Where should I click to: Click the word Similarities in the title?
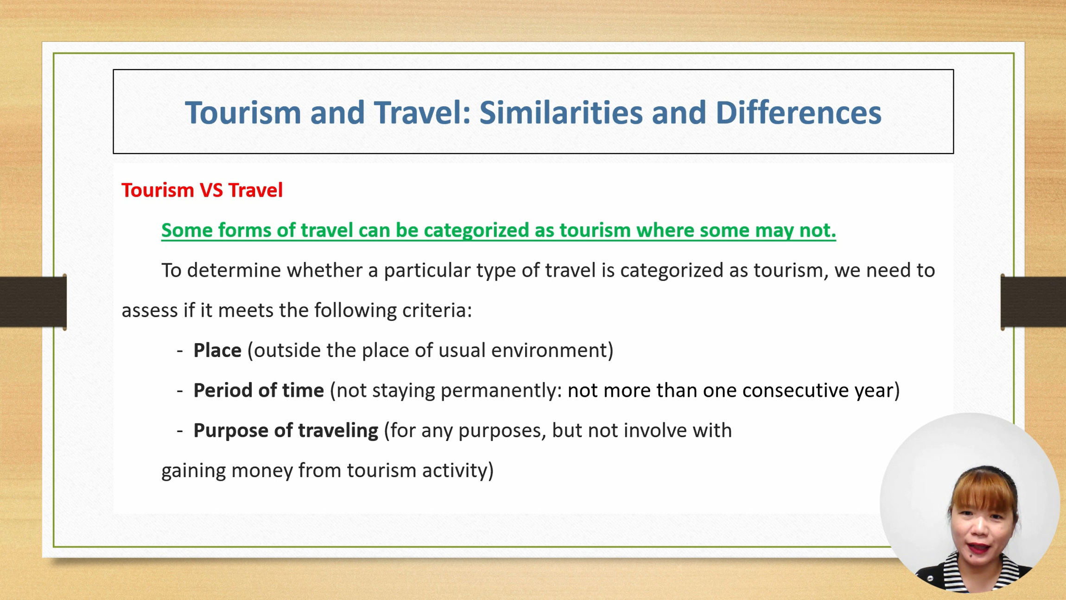tap(561, 112)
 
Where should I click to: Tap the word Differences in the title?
tap(798, 112)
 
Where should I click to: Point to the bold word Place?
tap(217, 350)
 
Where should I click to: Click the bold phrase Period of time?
tap(259, 390)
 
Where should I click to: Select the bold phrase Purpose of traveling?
tap(286, 431)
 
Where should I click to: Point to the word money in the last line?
tap(262, 471)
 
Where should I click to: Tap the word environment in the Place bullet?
tap(549, 351)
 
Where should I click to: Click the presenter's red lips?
tap(978, 549)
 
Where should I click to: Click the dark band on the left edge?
tap(33, 302)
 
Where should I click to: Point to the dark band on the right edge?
tap(1033, 302)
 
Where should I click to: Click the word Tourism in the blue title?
tap(243, 112)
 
